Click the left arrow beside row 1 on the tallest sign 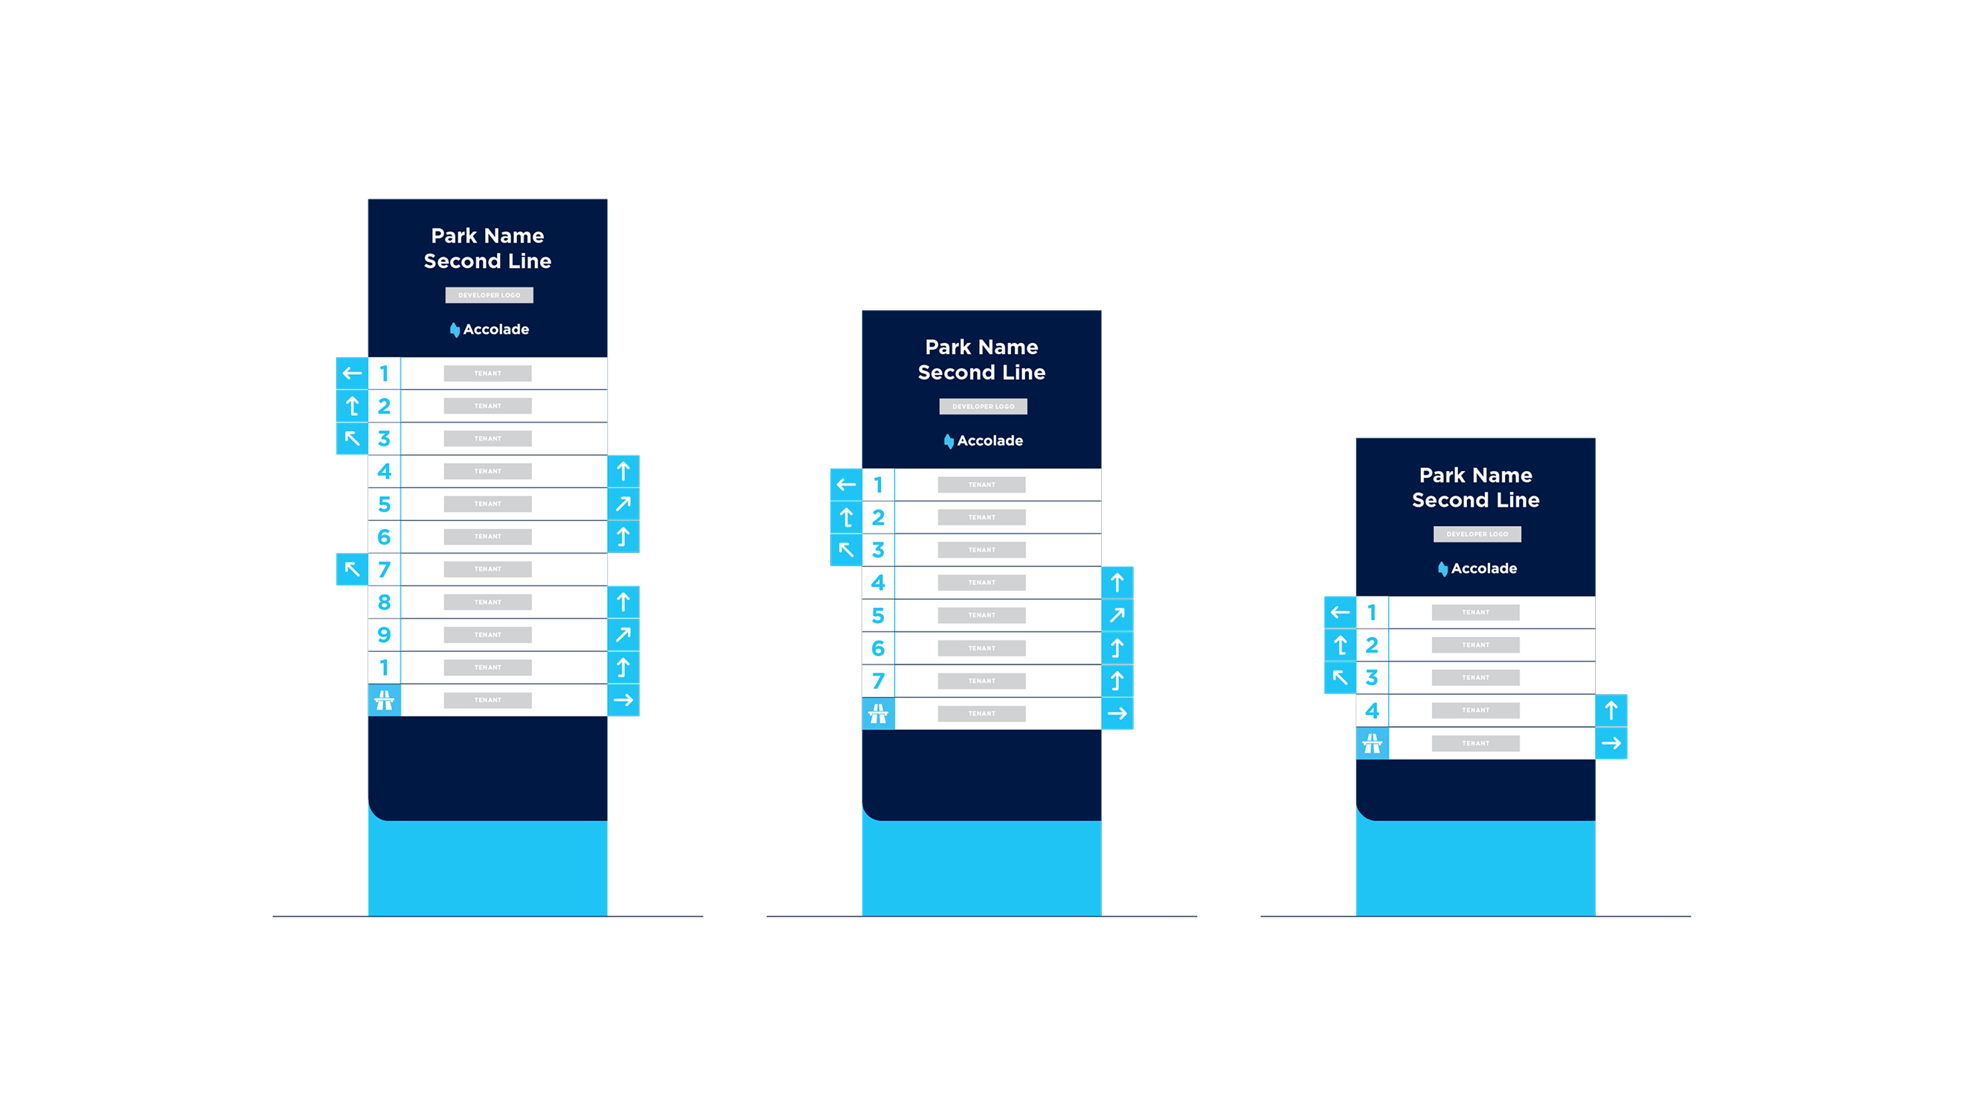coord(352,373)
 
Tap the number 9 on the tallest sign coord(384,635)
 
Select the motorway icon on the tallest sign coord(384,700)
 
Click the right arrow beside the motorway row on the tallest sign coord(623,700)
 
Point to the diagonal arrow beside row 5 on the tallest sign coord(623,504)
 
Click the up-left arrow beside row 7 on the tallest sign coord(352,568)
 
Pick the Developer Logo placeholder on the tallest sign coord(489,295)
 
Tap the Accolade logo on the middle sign coord(983,440)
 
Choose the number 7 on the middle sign coord(878,681)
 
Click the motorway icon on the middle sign coord(878,713)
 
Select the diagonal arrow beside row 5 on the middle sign coord(1117,615)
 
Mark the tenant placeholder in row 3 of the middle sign coord(981,550)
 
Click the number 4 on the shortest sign coord(1372,711)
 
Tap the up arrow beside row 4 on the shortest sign coord(1611,711)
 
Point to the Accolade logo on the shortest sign coord(1477,568)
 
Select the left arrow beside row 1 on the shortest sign coord(1340,612)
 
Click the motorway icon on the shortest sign coord(1372,743)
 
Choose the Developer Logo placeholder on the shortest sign coord(1477,534)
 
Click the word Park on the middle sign coord(949,347)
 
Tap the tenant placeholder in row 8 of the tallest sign coord(487,602)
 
